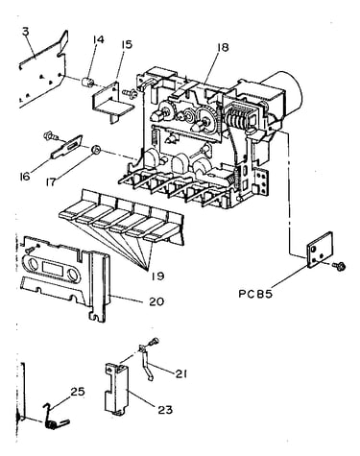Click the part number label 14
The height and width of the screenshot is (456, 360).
click(x=99, y=40)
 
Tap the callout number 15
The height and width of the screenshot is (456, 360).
click(x=127, y=44)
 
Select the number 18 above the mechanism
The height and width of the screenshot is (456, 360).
click(x=223, y=47)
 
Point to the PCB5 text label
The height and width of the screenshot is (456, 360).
click(x=255, y=294)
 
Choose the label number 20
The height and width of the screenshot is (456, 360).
click(x=156, y=301)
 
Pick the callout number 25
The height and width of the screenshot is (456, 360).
click(x=78, y=392)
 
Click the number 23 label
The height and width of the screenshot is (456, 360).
click(x=165, y=410)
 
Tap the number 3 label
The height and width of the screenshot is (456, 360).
click(x=26, y=32)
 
